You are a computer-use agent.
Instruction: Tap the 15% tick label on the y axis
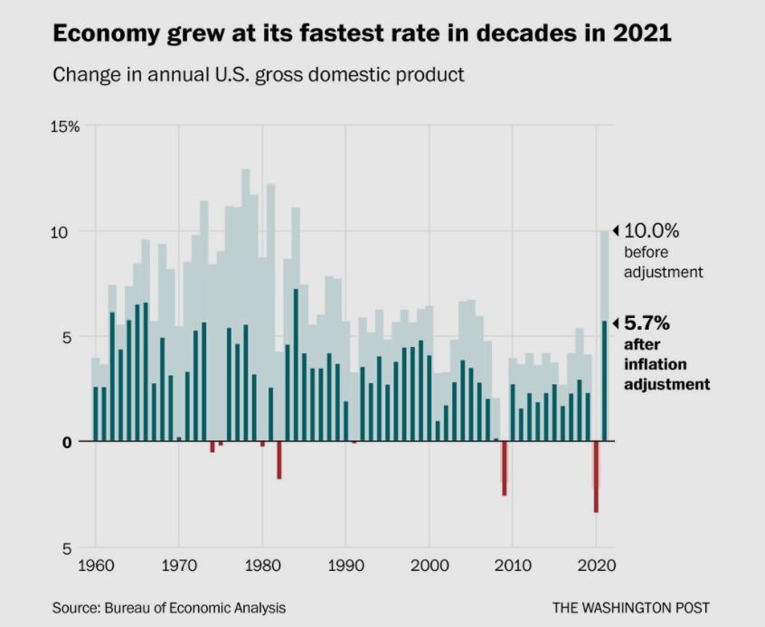point(65,126)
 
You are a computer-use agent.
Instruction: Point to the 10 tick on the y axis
point(59,232)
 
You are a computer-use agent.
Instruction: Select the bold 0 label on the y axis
point(67,443)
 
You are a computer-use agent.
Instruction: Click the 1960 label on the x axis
point(96,566)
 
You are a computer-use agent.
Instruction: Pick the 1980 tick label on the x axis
point(262,566)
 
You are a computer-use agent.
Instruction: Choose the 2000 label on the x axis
point(430,566)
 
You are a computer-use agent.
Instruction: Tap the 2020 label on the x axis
point(596,566)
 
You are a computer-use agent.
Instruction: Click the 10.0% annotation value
point(651,230)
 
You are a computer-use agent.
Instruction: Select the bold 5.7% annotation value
point(647,323)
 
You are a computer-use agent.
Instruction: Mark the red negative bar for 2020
point(596,477)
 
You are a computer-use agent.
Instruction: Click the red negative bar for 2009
point(505,469)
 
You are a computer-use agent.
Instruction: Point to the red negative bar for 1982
point(279,460)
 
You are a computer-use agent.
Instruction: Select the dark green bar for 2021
point(604,380)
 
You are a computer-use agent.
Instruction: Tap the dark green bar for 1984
point(296,365)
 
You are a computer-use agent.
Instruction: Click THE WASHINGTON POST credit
point(631,608)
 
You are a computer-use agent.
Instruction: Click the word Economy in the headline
point(107,34)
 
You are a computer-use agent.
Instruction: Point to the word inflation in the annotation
point(656,364)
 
